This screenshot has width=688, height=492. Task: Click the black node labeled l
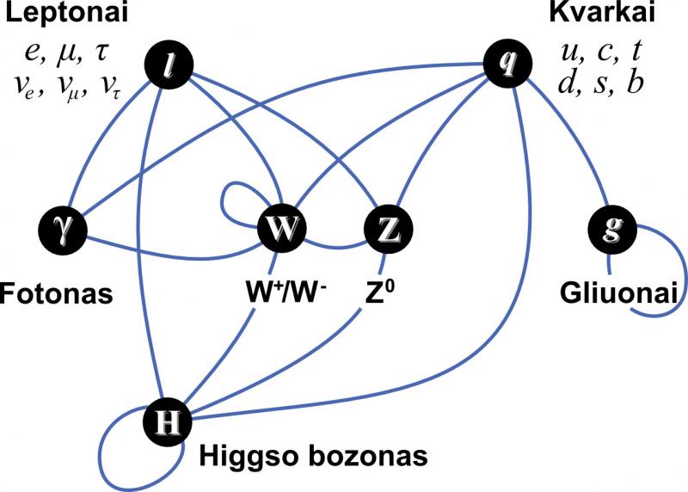coord(169,66)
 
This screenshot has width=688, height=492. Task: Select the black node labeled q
coord(507,63)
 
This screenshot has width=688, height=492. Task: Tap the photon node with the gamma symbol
coord(63,230)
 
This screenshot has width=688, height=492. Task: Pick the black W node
coord(281,228)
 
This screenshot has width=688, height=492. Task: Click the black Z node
coord(389,229)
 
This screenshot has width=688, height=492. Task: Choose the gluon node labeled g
coord(612,230)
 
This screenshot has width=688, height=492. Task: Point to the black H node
coord(168,422)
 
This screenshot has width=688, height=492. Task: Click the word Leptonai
coord(66,13)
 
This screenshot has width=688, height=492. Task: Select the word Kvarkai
coord(602,12)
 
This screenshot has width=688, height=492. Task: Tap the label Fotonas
coord(56,293)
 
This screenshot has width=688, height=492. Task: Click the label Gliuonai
coord(618,293)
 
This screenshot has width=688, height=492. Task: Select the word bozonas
coord(368,457)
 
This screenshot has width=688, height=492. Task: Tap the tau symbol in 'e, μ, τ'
coord(101,54)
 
